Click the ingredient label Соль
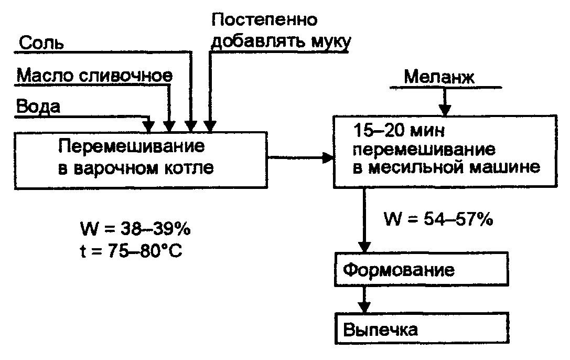[41, 43]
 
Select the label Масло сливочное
[94, 76]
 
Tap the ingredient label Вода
[38, 107]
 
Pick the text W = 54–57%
[438, 218]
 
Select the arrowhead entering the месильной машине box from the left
[328, 157]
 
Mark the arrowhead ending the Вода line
[149, 126]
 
